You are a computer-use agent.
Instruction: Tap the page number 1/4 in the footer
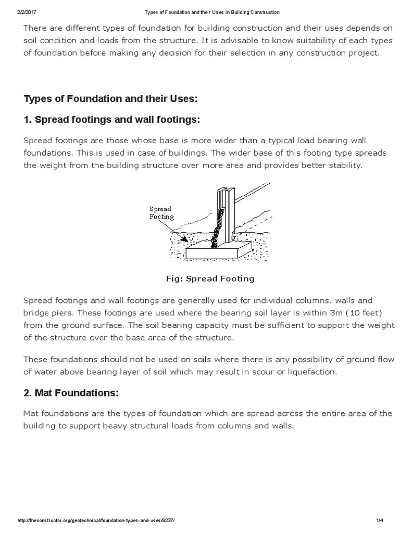(x=379, y=521)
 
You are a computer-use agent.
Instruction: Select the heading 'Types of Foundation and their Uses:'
(x=110, y=99)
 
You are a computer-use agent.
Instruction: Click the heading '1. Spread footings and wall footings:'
(x=112, y=120)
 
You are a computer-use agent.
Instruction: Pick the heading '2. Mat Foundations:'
(x=71, y=393)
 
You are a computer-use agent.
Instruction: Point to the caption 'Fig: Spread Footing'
(x=210, y=278)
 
